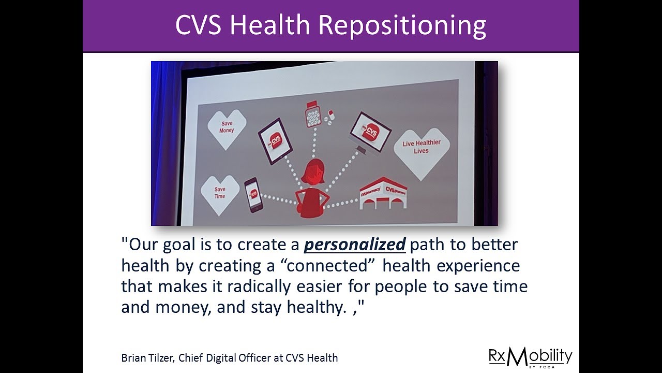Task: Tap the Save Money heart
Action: click(227, 128)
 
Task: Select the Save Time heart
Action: click(220, 194)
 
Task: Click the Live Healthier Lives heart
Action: click(421, 148)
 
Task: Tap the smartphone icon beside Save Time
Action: click(253, 194)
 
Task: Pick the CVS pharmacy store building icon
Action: click(383, 193)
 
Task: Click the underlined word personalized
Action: click(354, 245)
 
